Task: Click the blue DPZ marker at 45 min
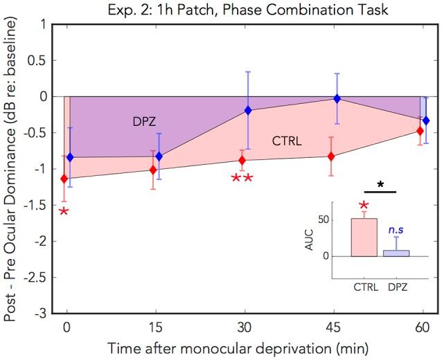pos(337,98)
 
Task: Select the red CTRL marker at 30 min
pos(242,160)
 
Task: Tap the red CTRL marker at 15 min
pos(153,170)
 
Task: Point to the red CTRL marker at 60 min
pos(420,131)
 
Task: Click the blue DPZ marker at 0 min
pos(70,158)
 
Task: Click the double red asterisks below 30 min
pos(242,179)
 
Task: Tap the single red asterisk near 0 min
pos(64,211)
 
